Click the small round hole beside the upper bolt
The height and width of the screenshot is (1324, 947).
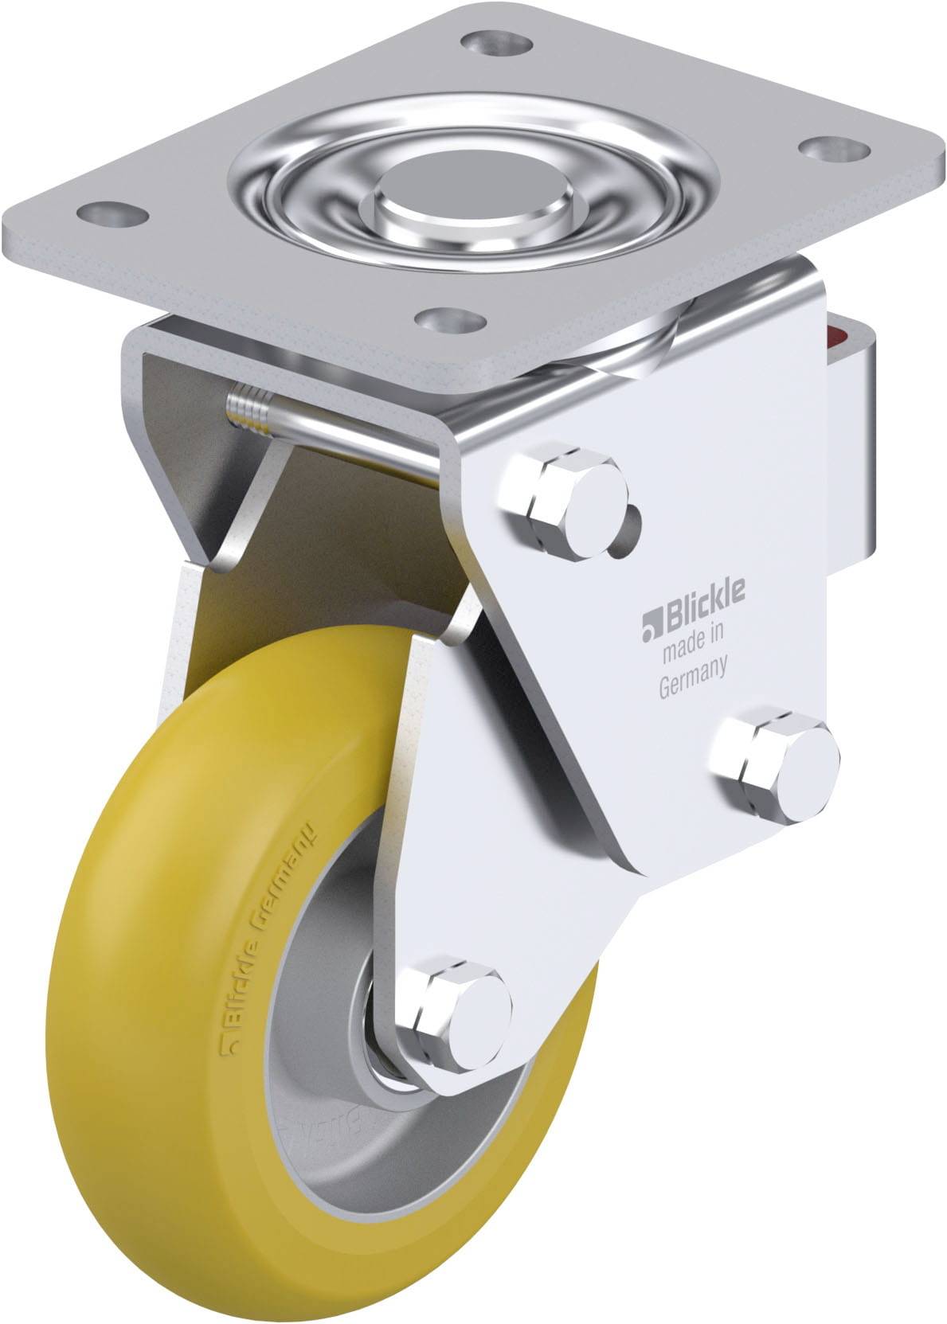point(628,525)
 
